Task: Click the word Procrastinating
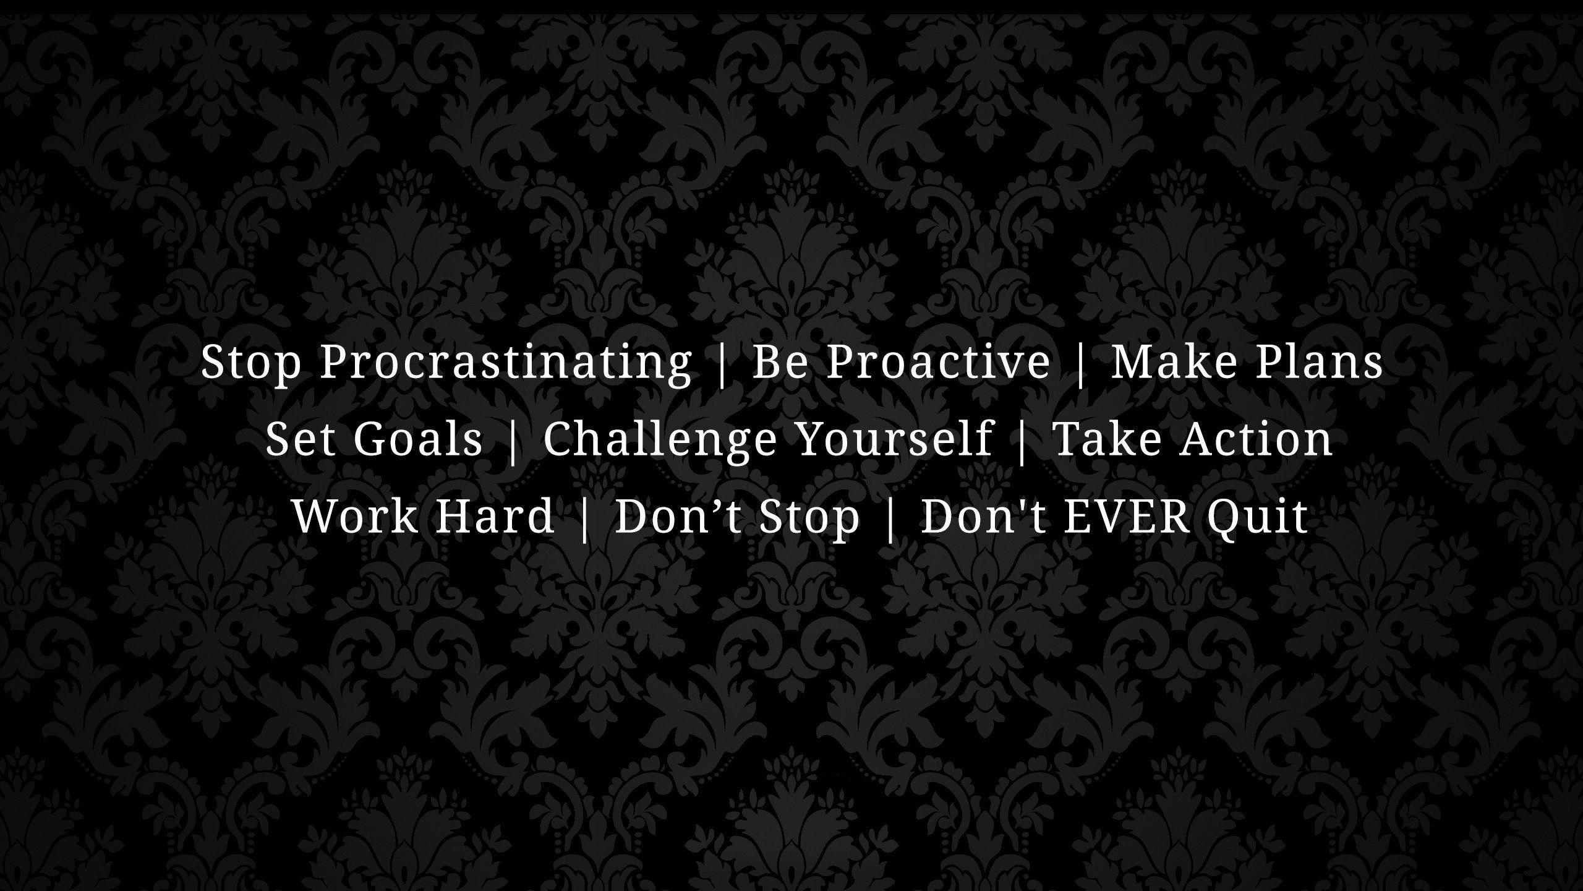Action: (505, 363)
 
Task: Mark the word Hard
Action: (495, 517)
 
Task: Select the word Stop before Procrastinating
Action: (251, 363)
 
